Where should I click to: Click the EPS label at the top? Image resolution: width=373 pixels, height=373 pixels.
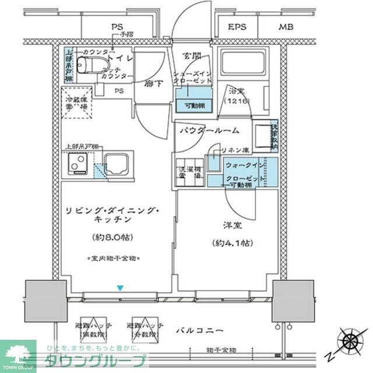237,27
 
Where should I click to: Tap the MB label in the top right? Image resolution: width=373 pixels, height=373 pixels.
286,27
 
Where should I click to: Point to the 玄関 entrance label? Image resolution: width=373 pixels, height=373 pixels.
192,56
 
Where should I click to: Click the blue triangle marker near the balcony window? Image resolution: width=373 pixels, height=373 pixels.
120,288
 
